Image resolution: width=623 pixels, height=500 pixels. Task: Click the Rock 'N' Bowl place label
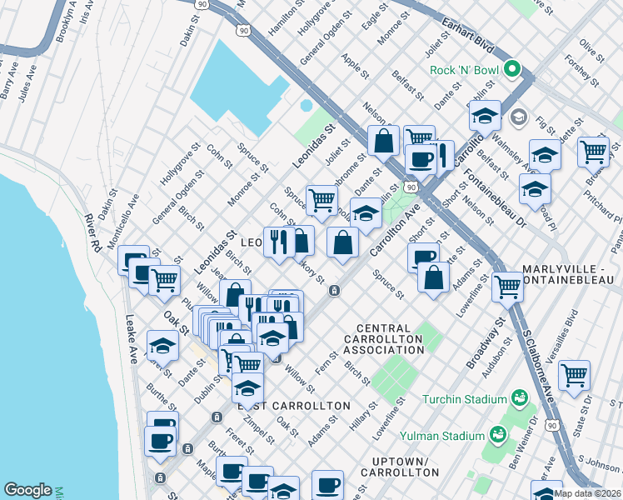coord(466,70)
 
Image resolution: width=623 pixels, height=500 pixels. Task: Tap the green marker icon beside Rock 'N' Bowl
coord(513,70)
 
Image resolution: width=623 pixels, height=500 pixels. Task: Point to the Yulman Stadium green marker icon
coord(498,435)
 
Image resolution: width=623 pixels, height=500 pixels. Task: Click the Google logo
coord(27,489)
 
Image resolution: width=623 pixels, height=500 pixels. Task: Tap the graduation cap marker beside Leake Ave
coord(162,344)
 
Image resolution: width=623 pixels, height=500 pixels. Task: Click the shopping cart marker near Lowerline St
coord(506,286)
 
